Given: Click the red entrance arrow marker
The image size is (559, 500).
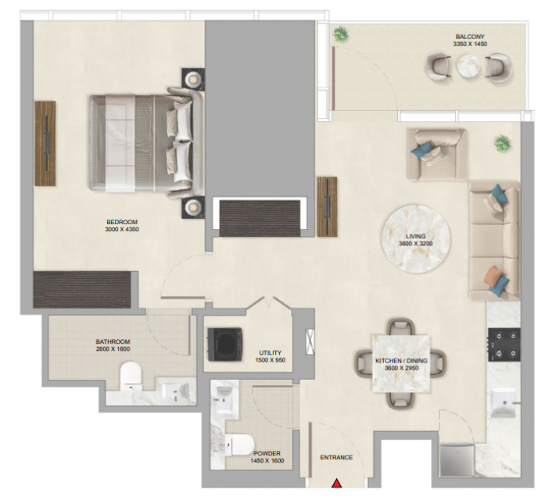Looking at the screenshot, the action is [336, 484].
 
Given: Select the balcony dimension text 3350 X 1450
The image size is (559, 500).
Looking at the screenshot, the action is [470, 45].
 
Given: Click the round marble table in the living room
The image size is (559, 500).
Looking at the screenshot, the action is [416, 238].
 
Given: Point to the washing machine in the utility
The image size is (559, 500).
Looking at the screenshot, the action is [225, 345].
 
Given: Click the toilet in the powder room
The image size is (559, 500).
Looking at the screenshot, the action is [239, 445].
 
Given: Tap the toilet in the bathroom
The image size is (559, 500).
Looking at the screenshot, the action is [131, 376].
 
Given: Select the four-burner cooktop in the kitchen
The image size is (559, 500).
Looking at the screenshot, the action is [504, 345].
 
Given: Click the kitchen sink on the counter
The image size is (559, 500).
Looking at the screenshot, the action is [503, 402].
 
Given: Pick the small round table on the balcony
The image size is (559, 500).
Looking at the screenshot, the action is [469, 66].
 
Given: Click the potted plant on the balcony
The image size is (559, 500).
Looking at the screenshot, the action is [341, 34].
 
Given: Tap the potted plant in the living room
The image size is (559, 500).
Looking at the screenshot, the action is [503, 144].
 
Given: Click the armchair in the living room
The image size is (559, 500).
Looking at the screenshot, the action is [437, 155].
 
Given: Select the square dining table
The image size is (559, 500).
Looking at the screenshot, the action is [401, 363].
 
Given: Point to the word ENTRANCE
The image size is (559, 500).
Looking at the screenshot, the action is [336, 457].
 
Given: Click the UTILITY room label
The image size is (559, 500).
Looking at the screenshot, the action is [271, 353].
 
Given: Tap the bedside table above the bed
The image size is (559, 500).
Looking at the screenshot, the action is [193, 79].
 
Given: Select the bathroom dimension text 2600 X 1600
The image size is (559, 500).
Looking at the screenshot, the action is [113, 349].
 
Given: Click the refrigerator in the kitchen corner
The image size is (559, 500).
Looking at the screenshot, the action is [457, 459].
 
